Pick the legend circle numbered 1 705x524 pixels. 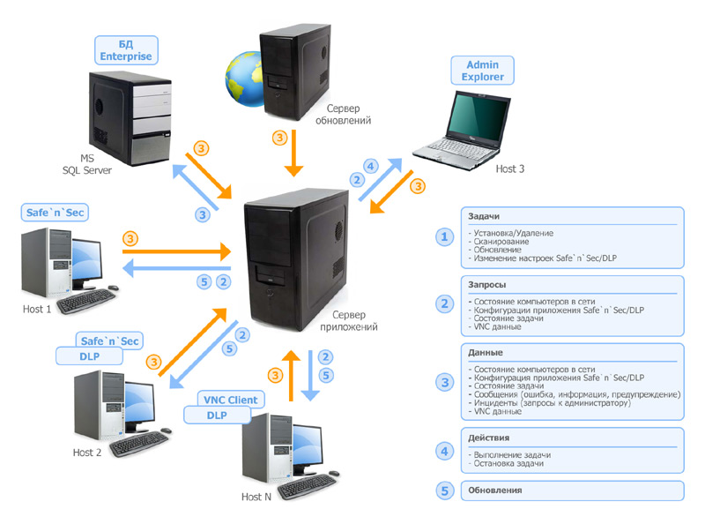coord(444,236)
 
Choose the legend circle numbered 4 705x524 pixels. coord(444,449)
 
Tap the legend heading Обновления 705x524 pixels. coord(497,490)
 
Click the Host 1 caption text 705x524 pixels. coord(38,310)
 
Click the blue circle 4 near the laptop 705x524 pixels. coord(371,165)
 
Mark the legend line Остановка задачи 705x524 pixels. coord(508,462)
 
